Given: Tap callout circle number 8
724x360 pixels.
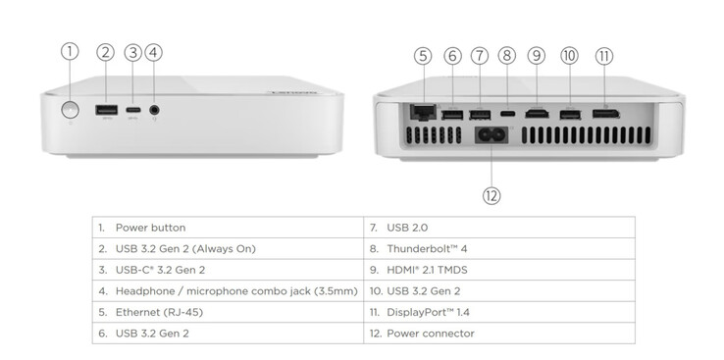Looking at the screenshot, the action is [x=507, y=56].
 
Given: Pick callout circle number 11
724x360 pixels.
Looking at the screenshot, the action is [x=604, y=56].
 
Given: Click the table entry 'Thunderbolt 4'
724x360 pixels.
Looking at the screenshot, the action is [x=428, y=248].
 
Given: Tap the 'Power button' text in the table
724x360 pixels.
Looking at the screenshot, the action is [x=150, y=228].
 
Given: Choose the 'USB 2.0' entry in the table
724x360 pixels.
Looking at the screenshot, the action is [x=407, y=228].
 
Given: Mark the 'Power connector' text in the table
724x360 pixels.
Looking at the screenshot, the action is [x=430, y=334].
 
